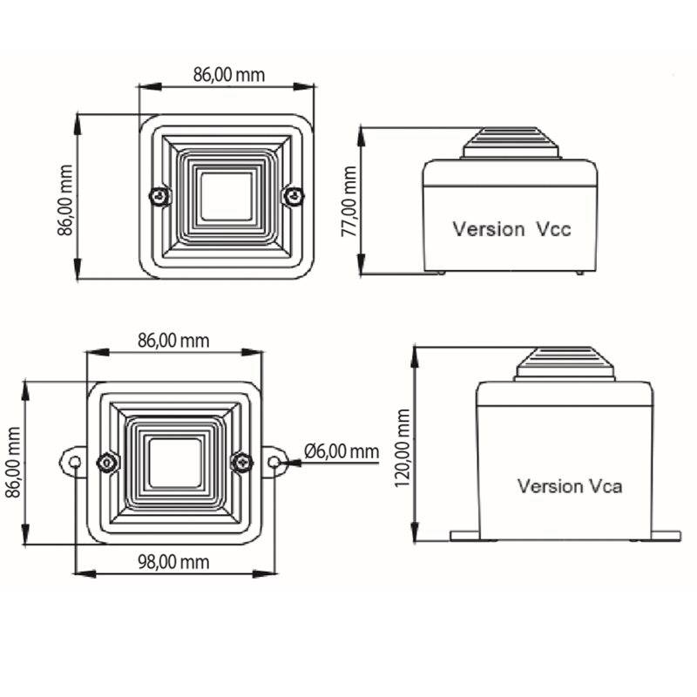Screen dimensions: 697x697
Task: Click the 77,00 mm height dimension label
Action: (349, 201)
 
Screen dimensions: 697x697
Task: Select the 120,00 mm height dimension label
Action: (403, 448)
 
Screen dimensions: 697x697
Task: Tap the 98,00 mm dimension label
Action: (173, 562)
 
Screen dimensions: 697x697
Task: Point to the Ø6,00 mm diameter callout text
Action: (342, 451)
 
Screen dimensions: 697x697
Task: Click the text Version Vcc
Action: (511, 229)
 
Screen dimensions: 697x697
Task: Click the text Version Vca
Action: (570, 486)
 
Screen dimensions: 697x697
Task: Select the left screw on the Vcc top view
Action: (159, 195)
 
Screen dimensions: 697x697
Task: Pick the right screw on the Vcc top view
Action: (294, 195)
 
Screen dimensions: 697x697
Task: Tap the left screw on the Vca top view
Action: (107, 463)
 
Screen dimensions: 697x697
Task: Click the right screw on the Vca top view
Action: (242, 463)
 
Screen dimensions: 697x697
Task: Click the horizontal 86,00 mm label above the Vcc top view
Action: (229, 75)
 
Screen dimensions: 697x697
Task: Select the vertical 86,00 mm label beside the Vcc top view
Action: (65, 200)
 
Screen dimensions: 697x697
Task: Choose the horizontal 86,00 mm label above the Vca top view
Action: (173, 341)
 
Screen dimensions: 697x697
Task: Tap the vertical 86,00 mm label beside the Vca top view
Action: (13, 463)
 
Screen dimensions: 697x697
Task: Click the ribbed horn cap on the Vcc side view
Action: (511, 143)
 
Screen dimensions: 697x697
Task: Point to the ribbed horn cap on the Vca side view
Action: (565, 363)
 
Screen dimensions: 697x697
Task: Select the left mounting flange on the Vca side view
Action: (465, 536)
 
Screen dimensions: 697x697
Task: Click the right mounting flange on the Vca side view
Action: (666, 536)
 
